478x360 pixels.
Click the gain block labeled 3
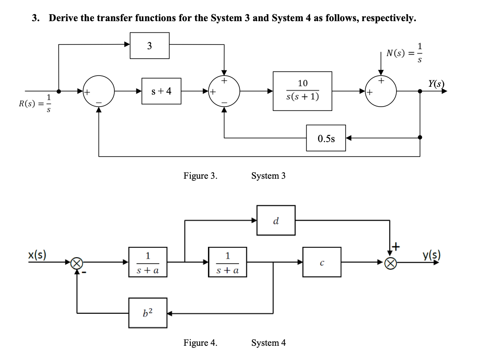click(x=150, y=46)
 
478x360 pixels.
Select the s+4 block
click(x=162, y=92)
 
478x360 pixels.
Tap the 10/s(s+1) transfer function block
click(x=302, y=91)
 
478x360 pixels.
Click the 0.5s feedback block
click(x=326, y=138)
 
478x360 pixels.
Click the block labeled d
click(x=276, y=220)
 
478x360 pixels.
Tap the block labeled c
click(x=322, y=262)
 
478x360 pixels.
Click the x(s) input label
click(x=38, y=253)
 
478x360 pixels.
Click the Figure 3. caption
click(x=200, y=176)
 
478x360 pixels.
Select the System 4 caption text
click(x=268, y=343)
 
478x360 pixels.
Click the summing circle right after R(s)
click(x=99, y=92)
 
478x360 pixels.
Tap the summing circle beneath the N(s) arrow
click(x=381, y=92)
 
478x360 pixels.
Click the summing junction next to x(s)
click(x=77, y=262)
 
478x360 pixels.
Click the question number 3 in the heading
click(x=35, y=18)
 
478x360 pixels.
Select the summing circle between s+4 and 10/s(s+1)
click(x=224, y=92)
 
